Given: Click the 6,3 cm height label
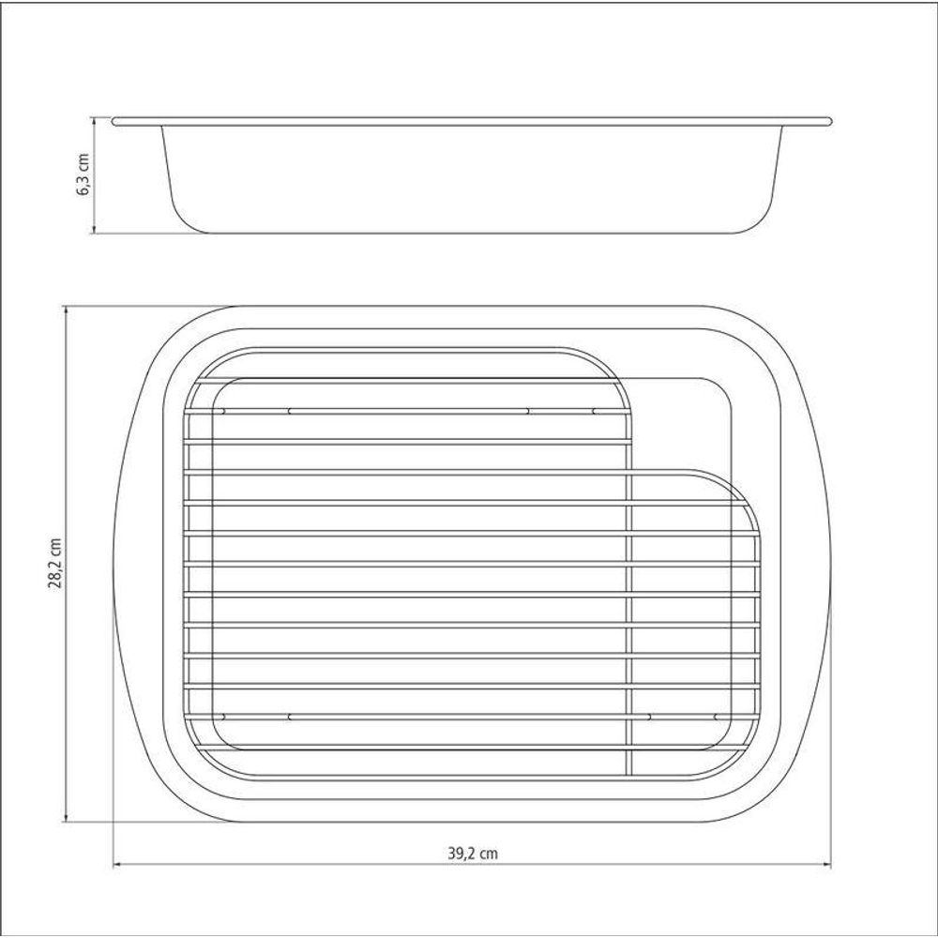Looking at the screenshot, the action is point(83,174).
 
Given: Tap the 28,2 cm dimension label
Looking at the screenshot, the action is point(55,563).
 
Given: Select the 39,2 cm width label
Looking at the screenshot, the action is point(473,853).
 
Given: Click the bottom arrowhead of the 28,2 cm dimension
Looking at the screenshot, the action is point(66,817).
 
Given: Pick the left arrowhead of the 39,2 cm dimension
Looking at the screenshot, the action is point(118,865).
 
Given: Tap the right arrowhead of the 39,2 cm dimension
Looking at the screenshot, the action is point(826,865).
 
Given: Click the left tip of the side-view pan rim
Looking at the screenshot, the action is point(113,121).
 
